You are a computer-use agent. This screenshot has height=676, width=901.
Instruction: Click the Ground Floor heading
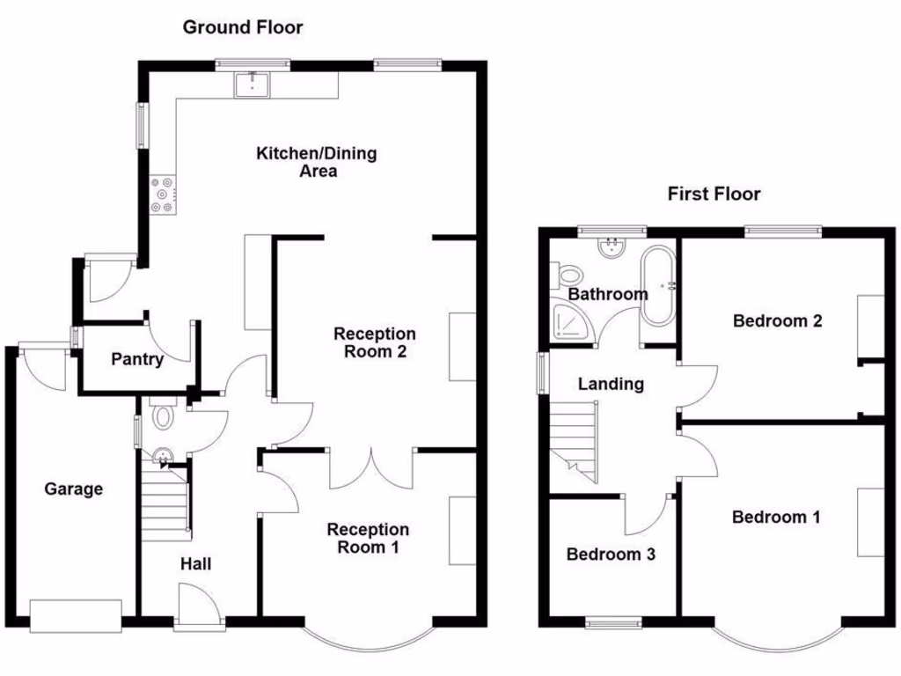coord(243,27)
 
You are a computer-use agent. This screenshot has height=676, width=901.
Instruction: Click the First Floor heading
coord(714,194)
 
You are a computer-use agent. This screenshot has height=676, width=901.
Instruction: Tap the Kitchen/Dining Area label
coord(316,162)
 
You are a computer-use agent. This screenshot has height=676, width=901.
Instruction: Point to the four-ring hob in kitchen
coord(163,195)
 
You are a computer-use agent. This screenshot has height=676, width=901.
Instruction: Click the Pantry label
coord(137,359)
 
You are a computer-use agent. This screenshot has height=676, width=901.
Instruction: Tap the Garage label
coord(74,489)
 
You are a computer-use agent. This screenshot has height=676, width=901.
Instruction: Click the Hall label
coord(195,564)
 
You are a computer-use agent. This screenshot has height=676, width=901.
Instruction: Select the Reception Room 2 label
coord(375,343)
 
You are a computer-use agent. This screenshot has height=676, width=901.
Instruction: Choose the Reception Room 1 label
coord(368,538)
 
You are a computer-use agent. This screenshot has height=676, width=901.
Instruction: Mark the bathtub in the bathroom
coord(657,286)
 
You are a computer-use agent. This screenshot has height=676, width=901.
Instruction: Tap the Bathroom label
coord(607,294)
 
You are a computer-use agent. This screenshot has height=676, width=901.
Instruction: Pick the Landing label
coord(611,384)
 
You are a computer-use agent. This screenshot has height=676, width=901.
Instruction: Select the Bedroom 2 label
coord(778,320)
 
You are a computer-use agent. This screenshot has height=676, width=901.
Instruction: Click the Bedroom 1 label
coord(776,517)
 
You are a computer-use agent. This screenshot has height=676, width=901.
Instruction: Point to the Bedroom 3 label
coord(611,555)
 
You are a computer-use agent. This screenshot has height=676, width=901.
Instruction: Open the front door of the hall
coord(199,609)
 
